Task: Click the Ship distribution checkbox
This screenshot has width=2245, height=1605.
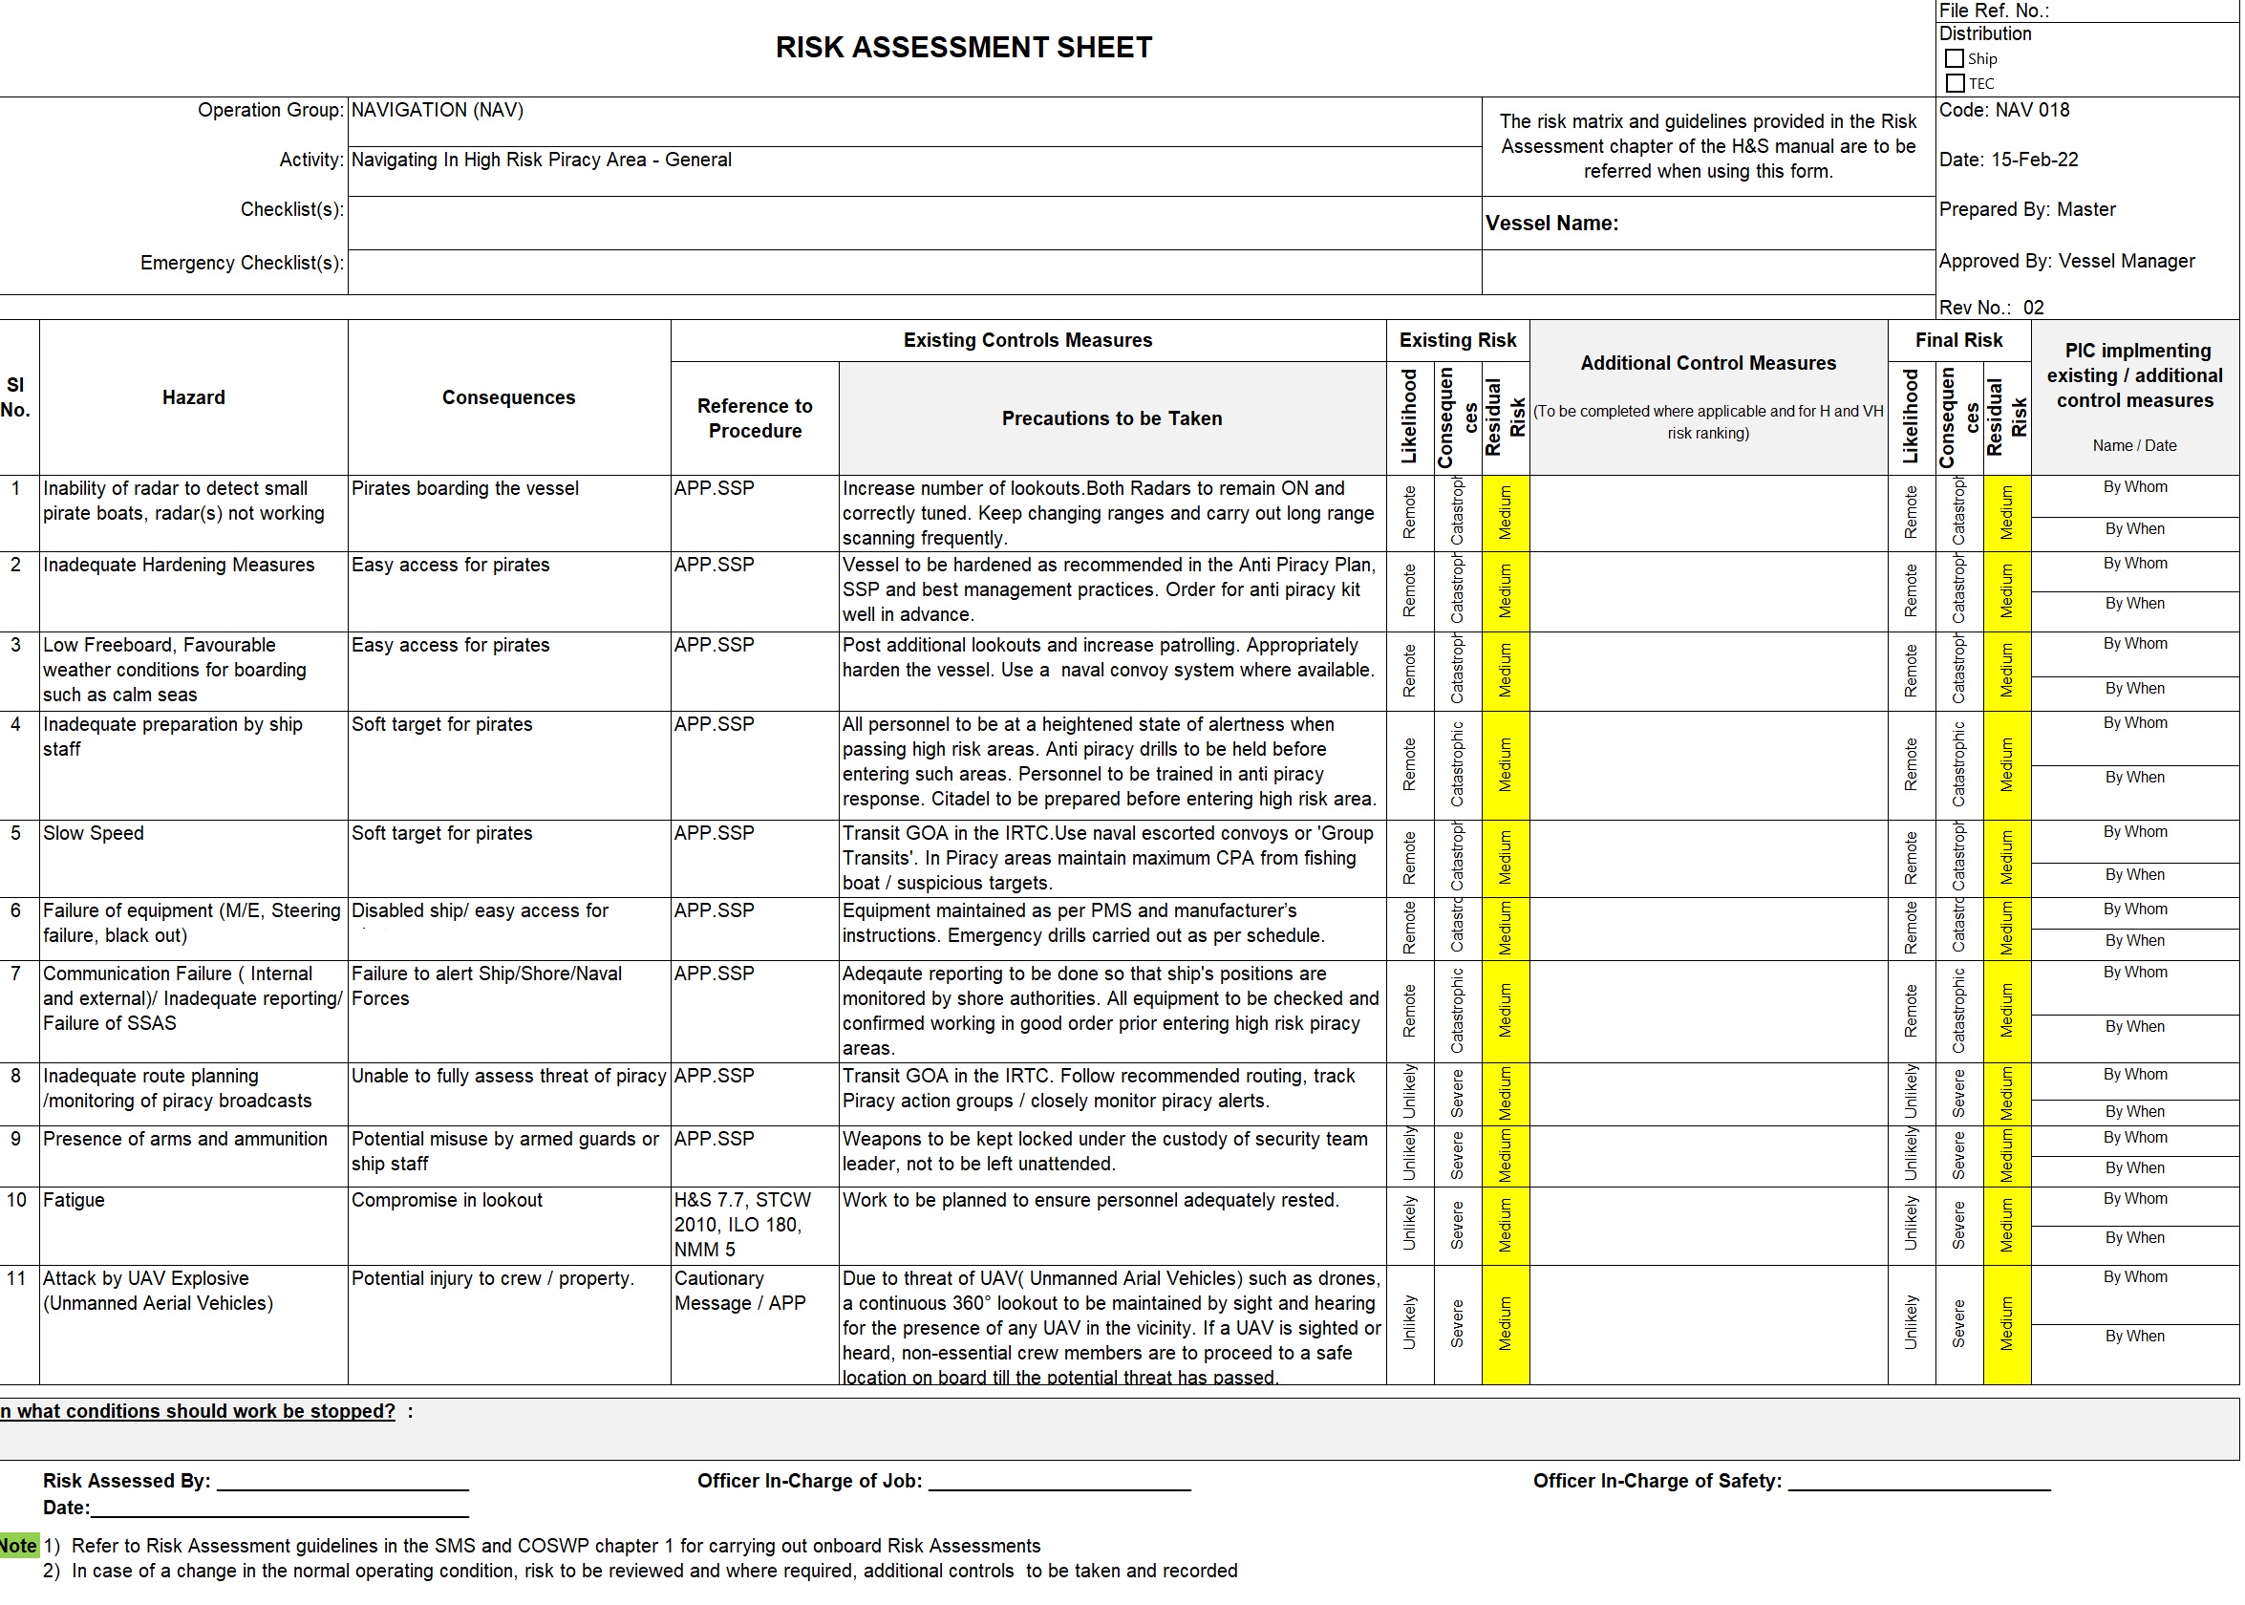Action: point(1954,59)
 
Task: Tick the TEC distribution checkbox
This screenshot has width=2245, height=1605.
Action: point(1955,84)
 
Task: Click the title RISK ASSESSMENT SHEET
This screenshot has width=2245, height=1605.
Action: point(963,48)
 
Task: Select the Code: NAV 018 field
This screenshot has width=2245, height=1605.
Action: point(2003,111)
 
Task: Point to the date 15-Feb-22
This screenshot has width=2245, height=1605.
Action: point(2034,160)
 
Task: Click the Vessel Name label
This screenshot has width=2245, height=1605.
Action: point(1551,224)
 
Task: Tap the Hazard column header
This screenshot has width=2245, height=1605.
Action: point(194,397)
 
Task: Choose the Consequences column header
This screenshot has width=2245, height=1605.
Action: point(508,397)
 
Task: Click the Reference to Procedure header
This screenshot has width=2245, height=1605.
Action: point(754,418)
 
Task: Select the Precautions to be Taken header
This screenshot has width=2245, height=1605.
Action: point(1112,418)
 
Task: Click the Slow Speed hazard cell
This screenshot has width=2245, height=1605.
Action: point(94,833)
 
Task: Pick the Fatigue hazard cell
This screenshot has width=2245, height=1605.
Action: point(75,1200)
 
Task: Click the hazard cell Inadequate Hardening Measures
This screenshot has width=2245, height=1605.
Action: point(179,565)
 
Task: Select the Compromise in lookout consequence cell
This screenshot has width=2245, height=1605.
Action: point(447,1200)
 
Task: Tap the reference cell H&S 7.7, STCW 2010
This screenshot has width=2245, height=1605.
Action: point(742,1225)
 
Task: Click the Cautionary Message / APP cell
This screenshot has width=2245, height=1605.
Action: point(739,1291)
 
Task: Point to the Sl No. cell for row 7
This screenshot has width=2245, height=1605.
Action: point(16,974)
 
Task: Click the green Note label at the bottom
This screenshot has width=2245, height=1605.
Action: point(18,1546)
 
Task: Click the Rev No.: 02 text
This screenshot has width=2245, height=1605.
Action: point(1991,308)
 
